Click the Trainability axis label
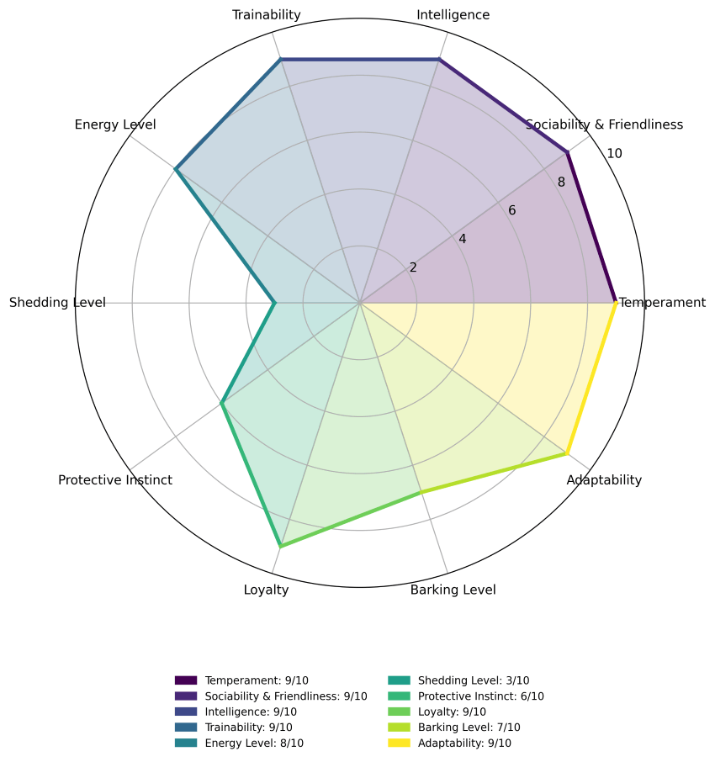pos(267,15)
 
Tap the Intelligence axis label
pos(453,15)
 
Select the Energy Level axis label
pos(115,124)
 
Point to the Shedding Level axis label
pos(57,303)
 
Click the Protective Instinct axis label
pos(115,480)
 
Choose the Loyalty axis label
pos(267,590)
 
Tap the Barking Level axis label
pos(453,590)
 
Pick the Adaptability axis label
pos(604,480)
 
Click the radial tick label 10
pos(614,154)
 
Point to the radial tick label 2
pos(413,267)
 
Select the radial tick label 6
pos(511,210)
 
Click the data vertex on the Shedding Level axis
pos(274,303)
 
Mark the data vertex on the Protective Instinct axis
pos(221,403)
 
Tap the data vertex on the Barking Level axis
pos(421,492)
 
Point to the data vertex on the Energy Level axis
pos(176,169)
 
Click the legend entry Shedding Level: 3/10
pos(458,680)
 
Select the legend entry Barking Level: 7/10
pos(454,728)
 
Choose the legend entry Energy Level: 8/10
pos(239,743)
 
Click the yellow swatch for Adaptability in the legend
pos(399,743)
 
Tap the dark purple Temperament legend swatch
pos(186,680)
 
